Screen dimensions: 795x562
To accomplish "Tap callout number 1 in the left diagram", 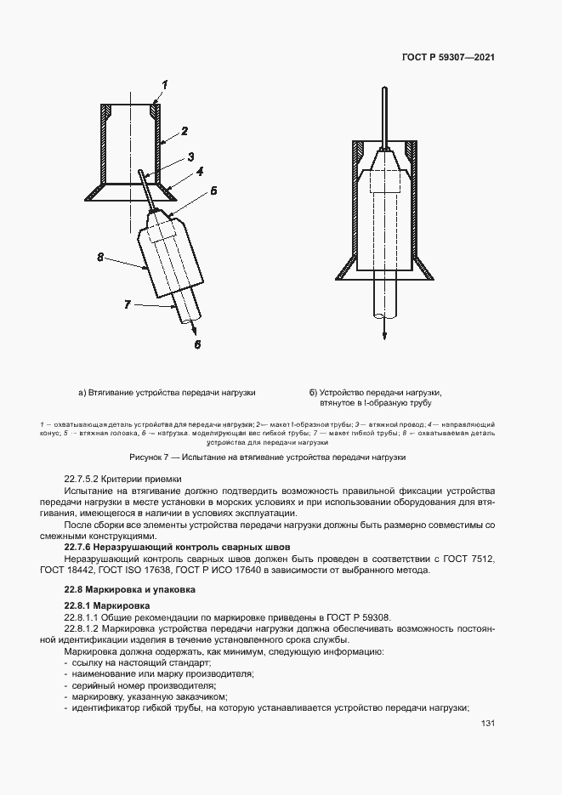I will (x=166, y=83).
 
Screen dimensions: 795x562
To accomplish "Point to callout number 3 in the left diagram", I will (x=191, y=156).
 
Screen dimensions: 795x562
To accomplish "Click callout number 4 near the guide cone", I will (x=199, y=171).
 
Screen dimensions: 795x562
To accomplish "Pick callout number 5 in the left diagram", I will (x=213, y=191).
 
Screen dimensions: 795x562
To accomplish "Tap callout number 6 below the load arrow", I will (x=196, y=344).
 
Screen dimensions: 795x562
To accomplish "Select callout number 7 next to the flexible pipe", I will (x=128, y=304).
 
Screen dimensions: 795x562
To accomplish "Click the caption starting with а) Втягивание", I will (x=167, y=392).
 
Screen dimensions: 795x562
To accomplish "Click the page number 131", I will (x=487, y=724).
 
